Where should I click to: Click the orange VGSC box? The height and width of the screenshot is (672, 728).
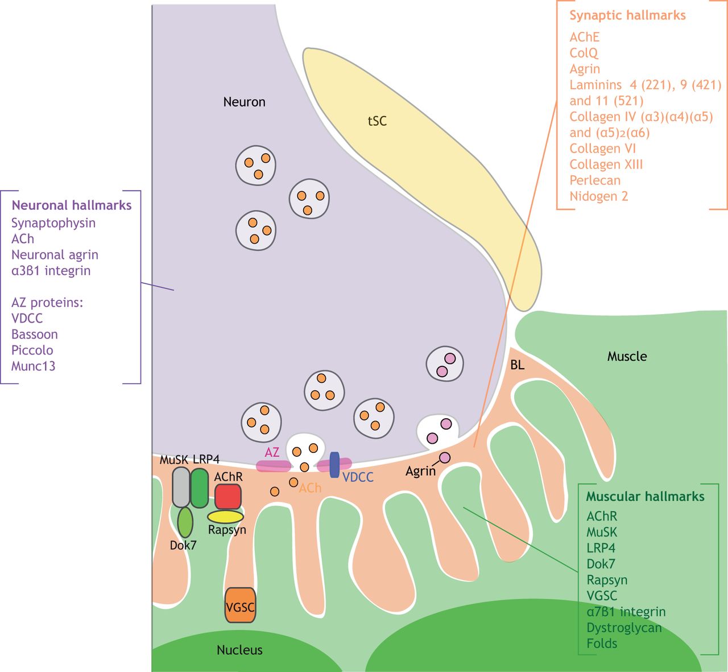coord(240,605)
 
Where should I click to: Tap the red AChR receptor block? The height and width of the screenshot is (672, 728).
coord(228,496)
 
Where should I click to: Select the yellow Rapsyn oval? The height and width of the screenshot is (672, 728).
coord(225,517)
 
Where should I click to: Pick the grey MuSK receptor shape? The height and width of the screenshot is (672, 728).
coord(181,488)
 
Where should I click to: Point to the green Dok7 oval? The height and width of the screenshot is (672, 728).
coord(185,522)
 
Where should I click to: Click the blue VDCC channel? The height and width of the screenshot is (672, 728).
coord(334,465)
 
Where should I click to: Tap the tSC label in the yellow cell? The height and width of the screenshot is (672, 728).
coord(377,121)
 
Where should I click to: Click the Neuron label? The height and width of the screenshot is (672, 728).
coord(244,102)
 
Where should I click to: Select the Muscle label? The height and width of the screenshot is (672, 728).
coord(627,356)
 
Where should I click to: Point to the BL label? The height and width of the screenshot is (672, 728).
coord(517,365)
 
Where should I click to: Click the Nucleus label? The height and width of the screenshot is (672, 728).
coord(239,650)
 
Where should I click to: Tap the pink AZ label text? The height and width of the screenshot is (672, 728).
coord(272,452)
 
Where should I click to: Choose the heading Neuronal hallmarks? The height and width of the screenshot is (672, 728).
coord(72,205)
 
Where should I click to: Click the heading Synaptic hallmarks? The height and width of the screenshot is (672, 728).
coord(627,15)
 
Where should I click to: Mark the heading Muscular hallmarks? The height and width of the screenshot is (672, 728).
coord(645,496)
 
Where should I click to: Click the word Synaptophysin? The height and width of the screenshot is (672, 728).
coord(53,223)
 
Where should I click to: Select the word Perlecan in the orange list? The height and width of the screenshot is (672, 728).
coord(595,180)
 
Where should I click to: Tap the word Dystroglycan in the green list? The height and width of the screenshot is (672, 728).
coord(624,628)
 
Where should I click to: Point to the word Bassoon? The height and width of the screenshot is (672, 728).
coord(35,334)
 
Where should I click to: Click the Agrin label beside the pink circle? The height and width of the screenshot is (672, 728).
coord(420,471)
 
